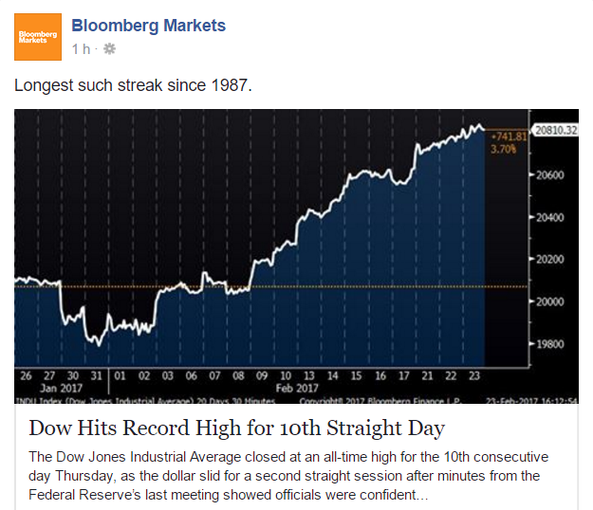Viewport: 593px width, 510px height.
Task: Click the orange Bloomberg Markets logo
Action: [38, 37]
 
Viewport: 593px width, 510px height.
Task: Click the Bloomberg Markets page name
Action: [149, 26]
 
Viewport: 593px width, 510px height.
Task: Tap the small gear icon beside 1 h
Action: [109, 47]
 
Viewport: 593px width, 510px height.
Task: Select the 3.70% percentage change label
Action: [501, 149]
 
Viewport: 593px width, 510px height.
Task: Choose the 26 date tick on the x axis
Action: [25, 375]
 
